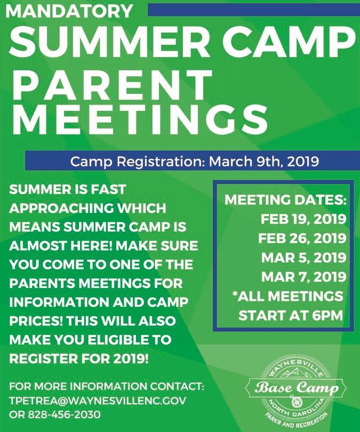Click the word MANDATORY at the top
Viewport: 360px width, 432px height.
(69, 11)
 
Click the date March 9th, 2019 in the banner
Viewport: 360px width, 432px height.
(263, 161)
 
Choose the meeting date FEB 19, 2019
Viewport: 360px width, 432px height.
(303, 219)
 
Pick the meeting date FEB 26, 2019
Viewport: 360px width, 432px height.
(302, 238)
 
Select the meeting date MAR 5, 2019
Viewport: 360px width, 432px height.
(303, 257)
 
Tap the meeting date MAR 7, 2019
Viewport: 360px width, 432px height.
(303, 277)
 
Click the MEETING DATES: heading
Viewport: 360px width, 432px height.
(285, 200)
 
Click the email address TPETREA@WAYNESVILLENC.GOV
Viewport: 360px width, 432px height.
(98, 401)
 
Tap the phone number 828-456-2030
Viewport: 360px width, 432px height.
(64, 414)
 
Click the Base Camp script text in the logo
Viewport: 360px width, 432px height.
(297, 388)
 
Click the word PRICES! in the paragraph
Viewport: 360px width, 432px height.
(36, 321)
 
